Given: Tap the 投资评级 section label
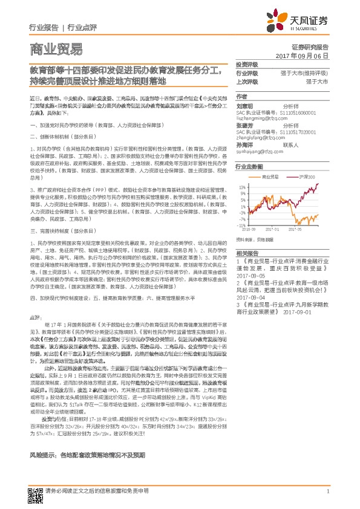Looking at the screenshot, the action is pos(247,64).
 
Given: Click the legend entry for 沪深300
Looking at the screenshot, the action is pos(307,177).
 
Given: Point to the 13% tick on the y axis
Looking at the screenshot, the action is pos(243,187).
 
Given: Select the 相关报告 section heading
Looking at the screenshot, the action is pos(247,253).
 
